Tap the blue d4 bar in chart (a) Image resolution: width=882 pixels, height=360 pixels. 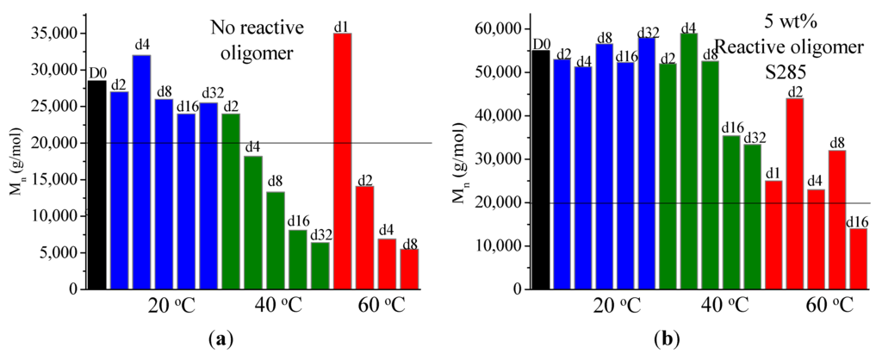click(x=141, y=172)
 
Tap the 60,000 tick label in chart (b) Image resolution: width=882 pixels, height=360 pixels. click(x=493, y=29)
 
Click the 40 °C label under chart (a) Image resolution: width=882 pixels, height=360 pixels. click(x=279, y=306)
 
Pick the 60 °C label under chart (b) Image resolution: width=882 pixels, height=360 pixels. click(x=830, y=306)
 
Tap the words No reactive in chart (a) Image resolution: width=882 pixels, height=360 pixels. click(x=258, y=28)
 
